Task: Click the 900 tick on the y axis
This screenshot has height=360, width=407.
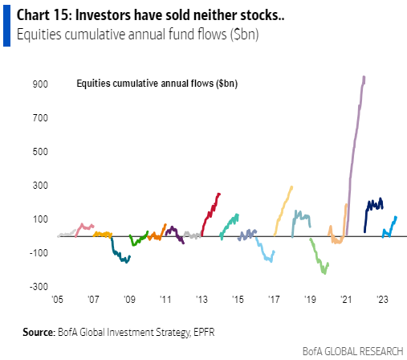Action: (x=40, y=84)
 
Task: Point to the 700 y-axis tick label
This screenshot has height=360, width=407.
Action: (x=40, y=117)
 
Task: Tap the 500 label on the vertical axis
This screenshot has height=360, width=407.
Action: (x=40, y=151)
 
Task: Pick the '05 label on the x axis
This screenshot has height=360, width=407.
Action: (x=58, y=298)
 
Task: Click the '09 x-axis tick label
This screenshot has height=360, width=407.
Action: (x=129, y=298)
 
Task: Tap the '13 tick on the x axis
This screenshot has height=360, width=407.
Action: (x=201, y=298)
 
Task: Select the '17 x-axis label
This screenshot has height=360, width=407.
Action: (x=273, y=298)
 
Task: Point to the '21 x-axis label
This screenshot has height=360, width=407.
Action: (x=345, y=298)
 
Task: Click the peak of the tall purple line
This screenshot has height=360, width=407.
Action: (x=364, y=77)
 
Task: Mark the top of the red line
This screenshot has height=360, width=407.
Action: (x=219, y=194)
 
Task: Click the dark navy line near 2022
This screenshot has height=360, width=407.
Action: (x=373, y=207)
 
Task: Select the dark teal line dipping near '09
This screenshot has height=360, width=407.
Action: (x=120, y=260)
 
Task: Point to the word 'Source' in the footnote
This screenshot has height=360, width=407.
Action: (x=38, y=331)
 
